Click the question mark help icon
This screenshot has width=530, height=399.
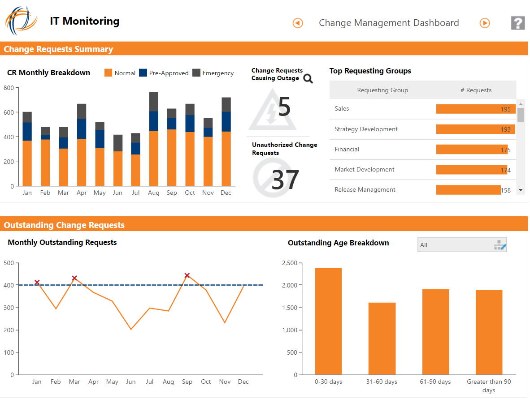(517, 23)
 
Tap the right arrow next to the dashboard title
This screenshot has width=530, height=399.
(485, 23)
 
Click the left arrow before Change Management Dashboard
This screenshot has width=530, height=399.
(298, 23)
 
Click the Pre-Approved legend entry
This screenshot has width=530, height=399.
(164, 73)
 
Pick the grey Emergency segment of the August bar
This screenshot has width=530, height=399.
(153, 102)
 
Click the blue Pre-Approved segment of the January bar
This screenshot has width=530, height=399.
(27, 131)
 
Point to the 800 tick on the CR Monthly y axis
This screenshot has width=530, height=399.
(9, 88)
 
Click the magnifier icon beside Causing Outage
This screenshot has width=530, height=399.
(308, 79)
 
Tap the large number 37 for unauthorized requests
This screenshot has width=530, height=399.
(285, 180)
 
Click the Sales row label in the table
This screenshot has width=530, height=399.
(342, 109)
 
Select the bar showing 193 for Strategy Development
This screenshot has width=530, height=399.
(475, 129)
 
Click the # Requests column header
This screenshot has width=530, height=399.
(476, 90)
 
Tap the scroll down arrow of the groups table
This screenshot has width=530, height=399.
(521, 190)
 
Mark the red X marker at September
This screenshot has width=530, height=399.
(187, 275)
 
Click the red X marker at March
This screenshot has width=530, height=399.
(74, 278)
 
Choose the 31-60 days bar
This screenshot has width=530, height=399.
(382, 338)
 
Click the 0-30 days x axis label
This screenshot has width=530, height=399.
(328, 382)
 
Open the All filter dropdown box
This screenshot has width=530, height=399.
(462, 245)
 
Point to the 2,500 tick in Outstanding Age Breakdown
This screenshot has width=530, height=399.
(290, 263)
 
